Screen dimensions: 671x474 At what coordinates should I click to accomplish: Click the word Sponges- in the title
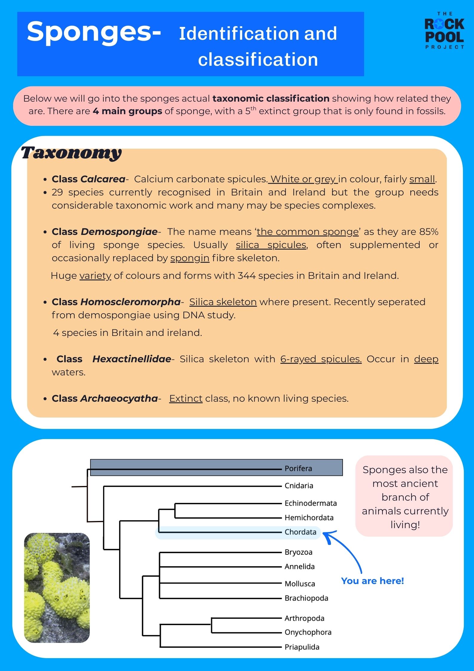pos(94,32)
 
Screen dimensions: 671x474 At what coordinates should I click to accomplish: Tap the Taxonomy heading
pos(71,153)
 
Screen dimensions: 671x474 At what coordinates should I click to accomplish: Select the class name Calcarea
pos(103,179)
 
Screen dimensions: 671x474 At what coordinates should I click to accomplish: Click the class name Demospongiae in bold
pos(119,232)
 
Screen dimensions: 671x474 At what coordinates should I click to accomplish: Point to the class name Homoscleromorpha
pos(131,302)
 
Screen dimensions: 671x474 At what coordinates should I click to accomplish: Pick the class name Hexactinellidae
pos(132,359)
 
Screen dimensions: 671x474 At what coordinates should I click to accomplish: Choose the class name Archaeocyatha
pos(119,398)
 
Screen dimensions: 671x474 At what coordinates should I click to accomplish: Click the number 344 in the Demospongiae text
pos(246,275)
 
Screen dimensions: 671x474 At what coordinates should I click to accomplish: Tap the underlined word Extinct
pos(186,398)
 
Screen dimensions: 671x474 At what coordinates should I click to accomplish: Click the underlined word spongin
pos(190,258)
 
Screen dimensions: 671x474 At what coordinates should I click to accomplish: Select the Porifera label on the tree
pos(298,468)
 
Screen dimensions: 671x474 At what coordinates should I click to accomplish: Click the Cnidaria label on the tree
pos(299,486)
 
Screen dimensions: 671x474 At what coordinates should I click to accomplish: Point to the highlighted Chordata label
pos(300,532)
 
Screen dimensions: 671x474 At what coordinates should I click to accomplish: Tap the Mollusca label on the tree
pos(300,583)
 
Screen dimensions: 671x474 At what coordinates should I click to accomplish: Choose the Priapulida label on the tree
pos(302,647)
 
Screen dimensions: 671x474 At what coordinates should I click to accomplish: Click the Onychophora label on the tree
pos(308,632)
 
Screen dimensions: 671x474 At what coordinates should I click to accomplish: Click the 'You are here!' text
pos(372,581)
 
